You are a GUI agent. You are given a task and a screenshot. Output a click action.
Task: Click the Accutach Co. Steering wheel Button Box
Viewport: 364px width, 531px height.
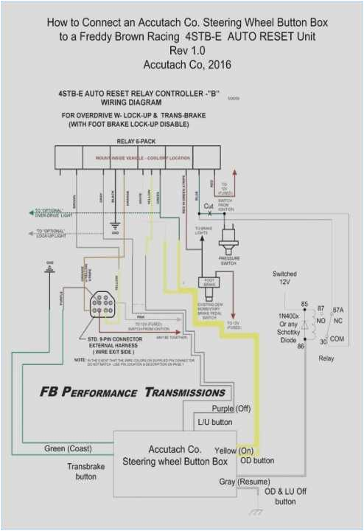pos(175,454)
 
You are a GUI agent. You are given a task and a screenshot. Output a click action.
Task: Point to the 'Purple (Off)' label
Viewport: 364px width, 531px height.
pos(232,409)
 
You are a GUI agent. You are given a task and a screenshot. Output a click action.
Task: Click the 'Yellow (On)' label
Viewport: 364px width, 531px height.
pos(234,449)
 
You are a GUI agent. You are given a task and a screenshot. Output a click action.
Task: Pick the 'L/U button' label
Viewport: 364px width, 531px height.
pos(214,423)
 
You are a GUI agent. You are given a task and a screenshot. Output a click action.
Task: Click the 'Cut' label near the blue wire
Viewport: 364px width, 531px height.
pos(209,206)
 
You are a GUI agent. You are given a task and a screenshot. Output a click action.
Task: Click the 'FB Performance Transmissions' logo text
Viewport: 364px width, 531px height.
pos(133,392)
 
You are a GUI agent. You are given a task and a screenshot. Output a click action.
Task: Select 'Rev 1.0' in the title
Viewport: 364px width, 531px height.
pos(188,51)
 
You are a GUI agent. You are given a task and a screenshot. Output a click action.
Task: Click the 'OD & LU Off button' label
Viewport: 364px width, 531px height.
pos(285,496)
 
